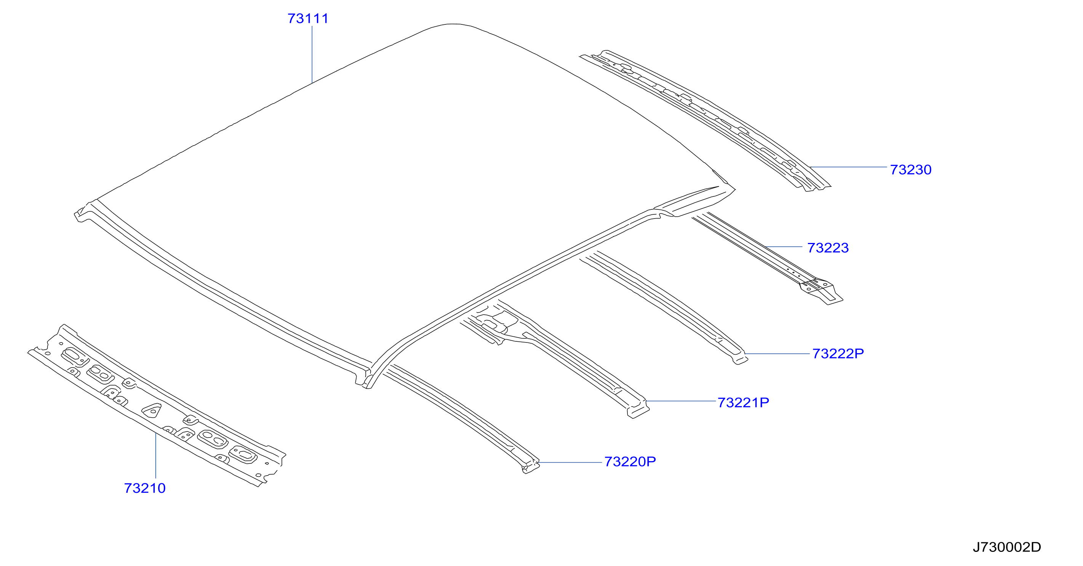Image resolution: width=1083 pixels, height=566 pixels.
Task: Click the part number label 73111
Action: [308, 19]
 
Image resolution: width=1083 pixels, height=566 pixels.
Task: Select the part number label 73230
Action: [911, 170]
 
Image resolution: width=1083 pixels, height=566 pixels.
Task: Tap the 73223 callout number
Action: [828, 248]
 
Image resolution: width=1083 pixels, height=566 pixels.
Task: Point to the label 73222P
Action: [838, 354]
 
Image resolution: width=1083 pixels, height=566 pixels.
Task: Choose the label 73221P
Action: [743, 403]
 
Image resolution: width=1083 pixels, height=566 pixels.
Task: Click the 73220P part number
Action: [630, 461]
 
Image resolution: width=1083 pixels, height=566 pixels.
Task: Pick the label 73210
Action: [145, 488]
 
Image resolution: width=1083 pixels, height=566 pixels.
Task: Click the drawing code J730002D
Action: [1007, 547]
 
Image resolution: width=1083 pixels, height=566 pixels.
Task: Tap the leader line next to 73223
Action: [784, 247]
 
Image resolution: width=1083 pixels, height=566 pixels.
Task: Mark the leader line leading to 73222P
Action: [777, 354]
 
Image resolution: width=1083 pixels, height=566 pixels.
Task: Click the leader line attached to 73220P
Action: [569, 463]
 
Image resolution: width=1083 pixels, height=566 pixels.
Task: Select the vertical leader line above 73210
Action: [155, 456]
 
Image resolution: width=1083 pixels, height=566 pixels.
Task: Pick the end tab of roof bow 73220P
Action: [531, 466]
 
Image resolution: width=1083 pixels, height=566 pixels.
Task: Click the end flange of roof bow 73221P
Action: [638, 411]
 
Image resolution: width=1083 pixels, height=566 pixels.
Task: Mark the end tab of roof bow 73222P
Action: [741, 359]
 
